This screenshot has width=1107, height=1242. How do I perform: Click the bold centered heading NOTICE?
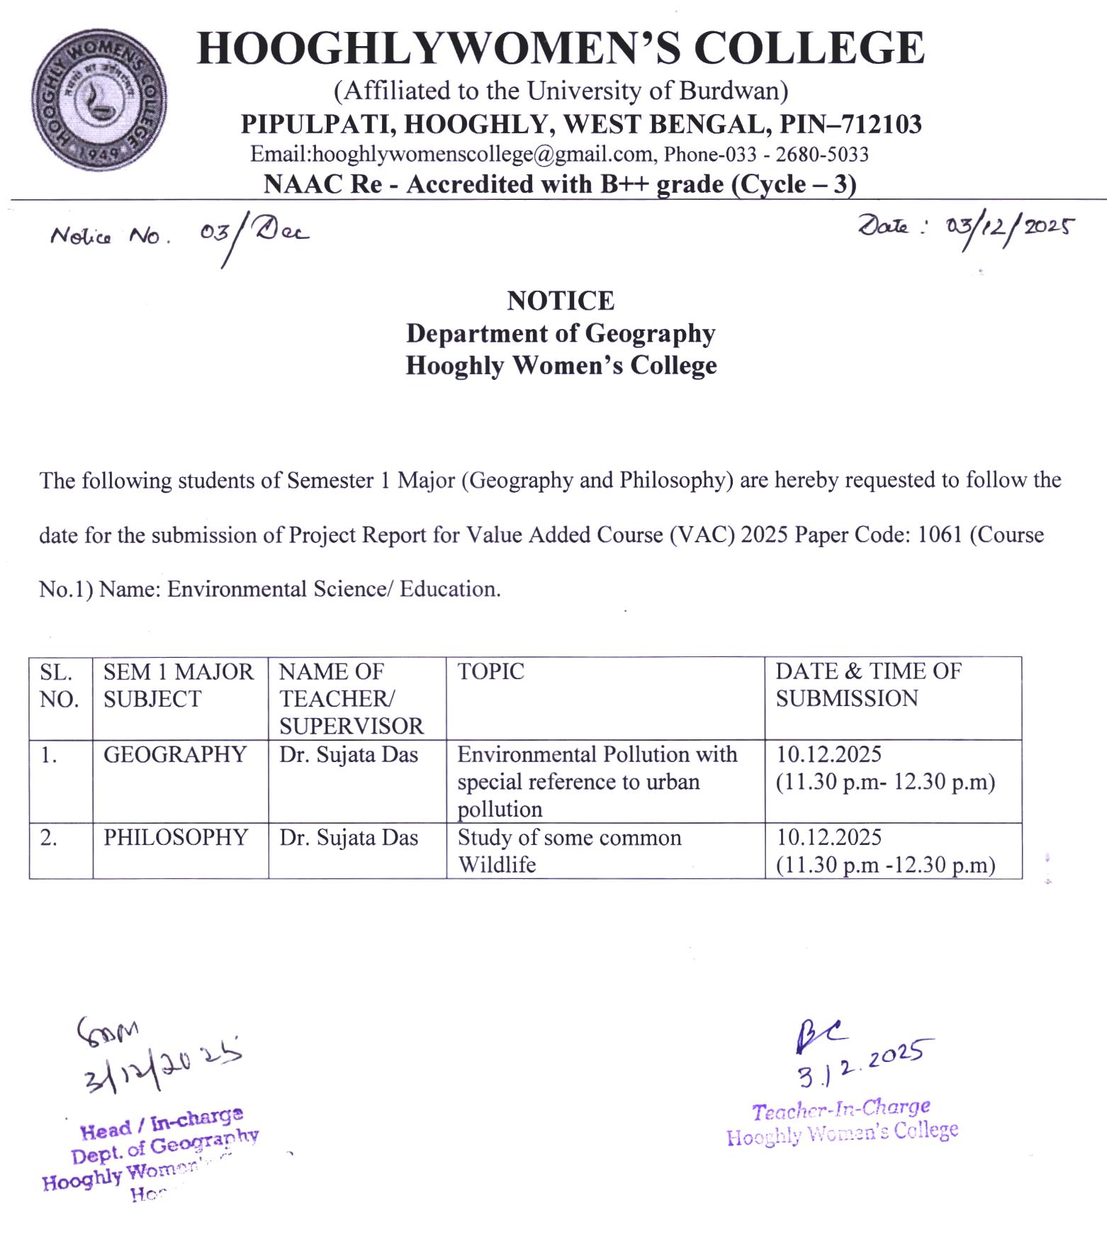(560, 301)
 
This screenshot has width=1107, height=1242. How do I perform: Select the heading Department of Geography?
(560, 333)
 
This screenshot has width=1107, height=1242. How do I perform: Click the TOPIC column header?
(490, 671)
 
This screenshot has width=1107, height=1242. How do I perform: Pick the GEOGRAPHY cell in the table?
(174, 754)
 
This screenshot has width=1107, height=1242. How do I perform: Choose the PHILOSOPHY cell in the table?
(175, 837)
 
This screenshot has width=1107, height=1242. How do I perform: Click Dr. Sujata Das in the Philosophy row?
(348, 837)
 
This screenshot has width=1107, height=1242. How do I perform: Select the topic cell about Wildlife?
(568, 851)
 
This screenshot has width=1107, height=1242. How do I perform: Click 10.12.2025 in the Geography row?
(828, 754)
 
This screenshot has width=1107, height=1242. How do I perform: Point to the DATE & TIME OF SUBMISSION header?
(867, 685)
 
